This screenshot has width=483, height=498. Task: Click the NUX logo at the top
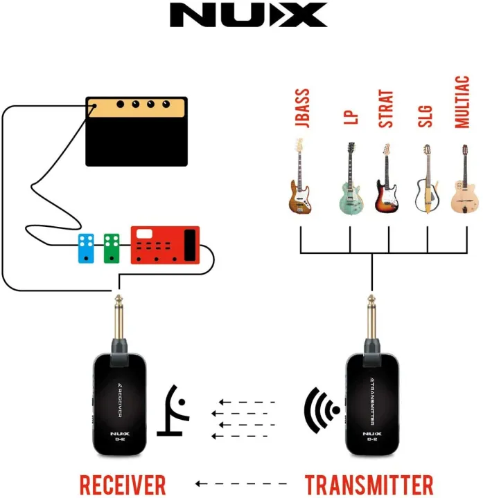[248, 15]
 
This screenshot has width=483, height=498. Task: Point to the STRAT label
[386, 109]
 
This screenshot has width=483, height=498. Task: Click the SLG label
[425, 114]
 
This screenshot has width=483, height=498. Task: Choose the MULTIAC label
[462, 108]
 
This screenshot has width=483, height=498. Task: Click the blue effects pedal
[87, 248]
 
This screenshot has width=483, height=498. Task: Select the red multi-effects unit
[165, 246]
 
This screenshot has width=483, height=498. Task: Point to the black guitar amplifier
[137, 131]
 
